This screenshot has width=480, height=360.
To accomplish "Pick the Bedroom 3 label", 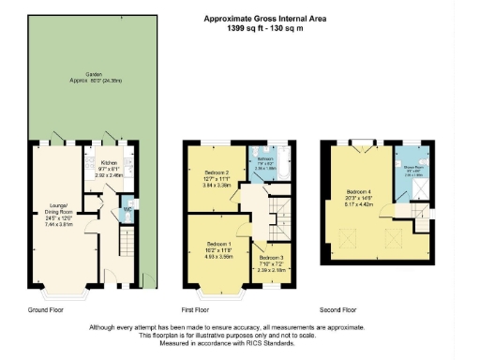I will (x=271, y=258).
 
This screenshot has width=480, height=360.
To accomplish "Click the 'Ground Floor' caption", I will (x=45, y=308).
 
